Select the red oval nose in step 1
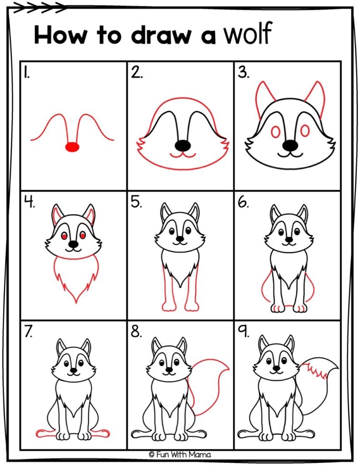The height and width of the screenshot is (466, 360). tap(72, 147)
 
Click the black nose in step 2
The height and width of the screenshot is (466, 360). tap(183, 145)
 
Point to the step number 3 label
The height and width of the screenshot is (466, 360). tap(243, 73)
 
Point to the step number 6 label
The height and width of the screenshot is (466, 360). tap(243, 202)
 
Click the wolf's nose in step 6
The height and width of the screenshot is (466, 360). tap(288, 239)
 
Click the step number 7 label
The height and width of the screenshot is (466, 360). tap(29, 332)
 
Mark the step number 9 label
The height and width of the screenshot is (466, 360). tap(243, 332)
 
